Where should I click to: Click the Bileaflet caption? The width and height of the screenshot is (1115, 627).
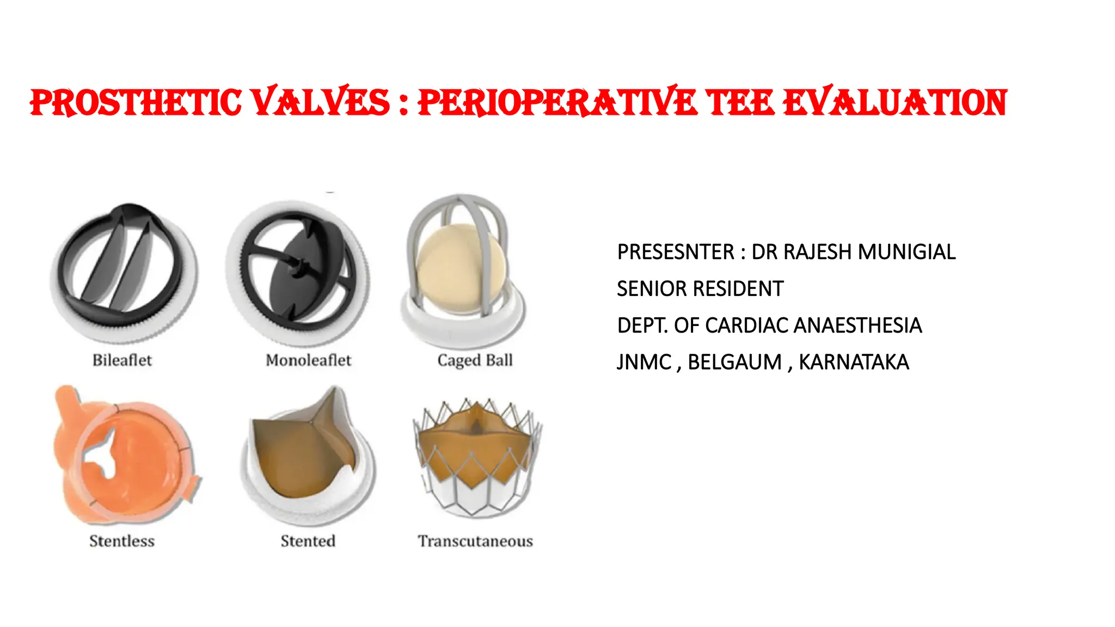pos(122,360)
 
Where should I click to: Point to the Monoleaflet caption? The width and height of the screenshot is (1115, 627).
pos(308,360)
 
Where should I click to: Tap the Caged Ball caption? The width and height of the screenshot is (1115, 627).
pos(475,360)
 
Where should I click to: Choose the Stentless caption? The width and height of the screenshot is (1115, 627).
pos(122,541)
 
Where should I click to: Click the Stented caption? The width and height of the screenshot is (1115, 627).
pos(308,541)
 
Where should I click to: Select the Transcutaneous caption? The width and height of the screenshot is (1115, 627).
pos(475,541)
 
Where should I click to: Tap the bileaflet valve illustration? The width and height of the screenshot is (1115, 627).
pos(124,272)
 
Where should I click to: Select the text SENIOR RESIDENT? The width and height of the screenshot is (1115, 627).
pos(700,289)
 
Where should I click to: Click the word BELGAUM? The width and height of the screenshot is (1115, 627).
pos(734,362)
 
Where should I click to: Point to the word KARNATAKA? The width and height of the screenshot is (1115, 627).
pos(854,362)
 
